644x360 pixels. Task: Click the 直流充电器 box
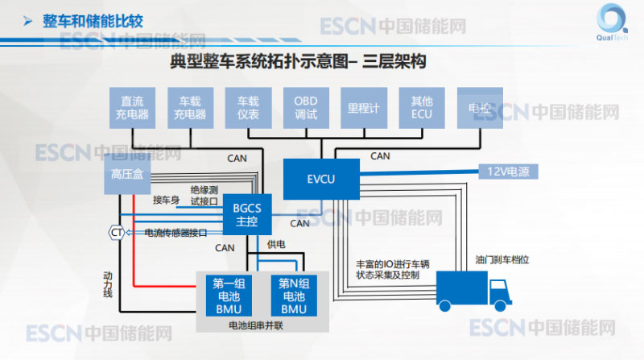tap(132, 108)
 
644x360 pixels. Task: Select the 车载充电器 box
tap(190, 108)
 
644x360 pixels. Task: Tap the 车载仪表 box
tap(248, 108)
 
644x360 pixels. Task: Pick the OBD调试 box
tap(305, 108)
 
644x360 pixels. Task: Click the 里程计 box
tap(363, 108)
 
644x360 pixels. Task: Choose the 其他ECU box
tap(421, 108)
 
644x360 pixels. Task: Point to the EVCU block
tap(321, 178)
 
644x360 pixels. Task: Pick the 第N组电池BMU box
tap(294, 296)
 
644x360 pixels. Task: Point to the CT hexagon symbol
tap(117, 233)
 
